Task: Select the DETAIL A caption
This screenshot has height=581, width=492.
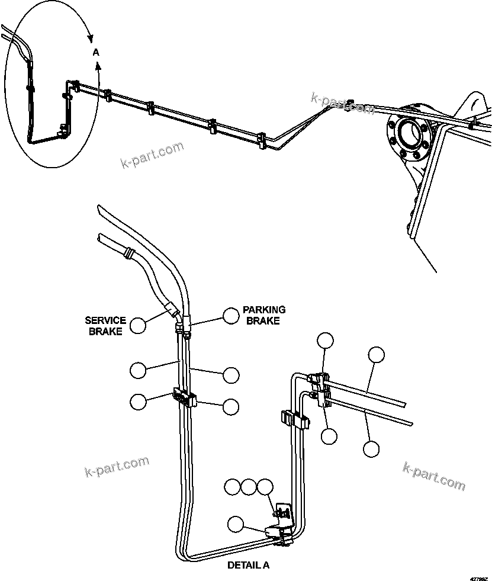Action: pos(248,565)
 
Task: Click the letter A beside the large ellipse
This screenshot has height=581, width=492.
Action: pos(97,53)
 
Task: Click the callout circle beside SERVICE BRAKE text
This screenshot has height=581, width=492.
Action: pos(138,325)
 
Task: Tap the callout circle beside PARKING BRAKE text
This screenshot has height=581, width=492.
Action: pos(231,316)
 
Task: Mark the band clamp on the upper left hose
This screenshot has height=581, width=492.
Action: pos(126,255)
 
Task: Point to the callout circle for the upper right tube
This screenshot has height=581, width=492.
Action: pos(376,355)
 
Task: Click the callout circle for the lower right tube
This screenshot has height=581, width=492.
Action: pos(371,448)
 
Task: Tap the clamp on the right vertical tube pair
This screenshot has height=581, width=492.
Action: pos(294,420)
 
